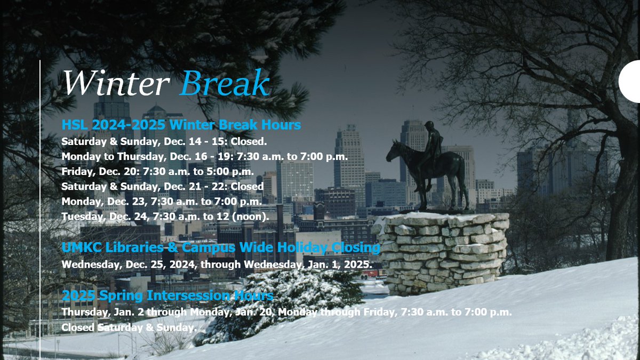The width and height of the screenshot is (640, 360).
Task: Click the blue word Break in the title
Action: click(x=224, y=84)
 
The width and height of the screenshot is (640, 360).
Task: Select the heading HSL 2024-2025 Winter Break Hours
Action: click(x=181, y=125)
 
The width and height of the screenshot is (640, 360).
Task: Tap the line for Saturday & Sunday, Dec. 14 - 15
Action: click(x=164, y=142)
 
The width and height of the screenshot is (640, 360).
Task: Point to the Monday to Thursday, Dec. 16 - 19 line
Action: click(x=204, y=157)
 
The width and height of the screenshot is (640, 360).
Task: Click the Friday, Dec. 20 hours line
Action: click(x=157, y=172)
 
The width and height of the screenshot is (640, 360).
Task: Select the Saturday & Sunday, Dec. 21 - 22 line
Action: click(x=162, y=187)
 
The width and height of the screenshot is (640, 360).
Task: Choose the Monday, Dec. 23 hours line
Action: click(x=161, y=202)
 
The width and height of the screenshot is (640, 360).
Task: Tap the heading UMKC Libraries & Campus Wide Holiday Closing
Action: click(x=221, y=248)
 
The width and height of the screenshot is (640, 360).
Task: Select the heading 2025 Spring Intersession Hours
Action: click(x=167, y=295)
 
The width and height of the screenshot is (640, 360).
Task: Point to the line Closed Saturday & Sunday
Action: click(x=129, y=327)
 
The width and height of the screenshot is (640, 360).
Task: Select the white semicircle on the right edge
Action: click(x=630, y=81)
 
